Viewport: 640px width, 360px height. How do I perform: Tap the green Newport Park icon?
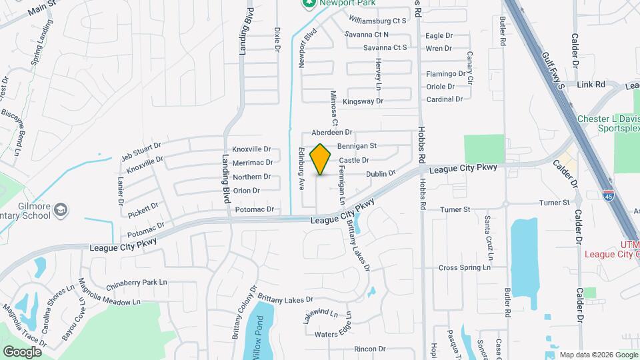[308, 4]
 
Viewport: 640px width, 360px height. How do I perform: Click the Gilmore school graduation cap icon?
[60, 210]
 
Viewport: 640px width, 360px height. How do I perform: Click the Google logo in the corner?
[22, 351]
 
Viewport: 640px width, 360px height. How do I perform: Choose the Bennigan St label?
[357, 145]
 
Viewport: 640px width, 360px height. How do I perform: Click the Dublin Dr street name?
[381, 174]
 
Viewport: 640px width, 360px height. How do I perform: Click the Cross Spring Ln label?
[464, 268]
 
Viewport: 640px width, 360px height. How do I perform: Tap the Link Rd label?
[591, 85]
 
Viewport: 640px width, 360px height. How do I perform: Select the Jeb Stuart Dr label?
[141, 151]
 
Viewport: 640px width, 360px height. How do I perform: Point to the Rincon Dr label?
[370, 349]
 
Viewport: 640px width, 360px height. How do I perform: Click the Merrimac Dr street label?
[252, 162]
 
